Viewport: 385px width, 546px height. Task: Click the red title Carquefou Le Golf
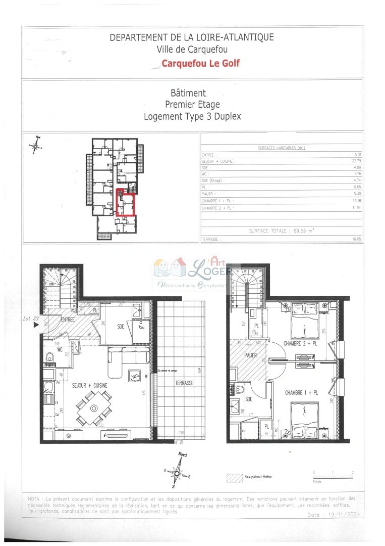[x=200, y=63]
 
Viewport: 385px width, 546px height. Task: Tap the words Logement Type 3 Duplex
[x=192, y=116]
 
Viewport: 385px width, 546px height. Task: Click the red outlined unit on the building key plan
[x=126, y=202]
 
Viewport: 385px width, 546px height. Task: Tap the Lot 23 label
[x=31, y=318]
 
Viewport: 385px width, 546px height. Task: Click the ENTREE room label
[x=68, y=320]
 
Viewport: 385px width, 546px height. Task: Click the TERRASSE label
[x=185, y=383]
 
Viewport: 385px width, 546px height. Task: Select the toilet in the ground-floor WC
[x=49, y=358]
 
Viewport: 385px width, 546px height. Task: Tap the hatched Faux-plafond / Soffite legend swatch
[x=234, y=477]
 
